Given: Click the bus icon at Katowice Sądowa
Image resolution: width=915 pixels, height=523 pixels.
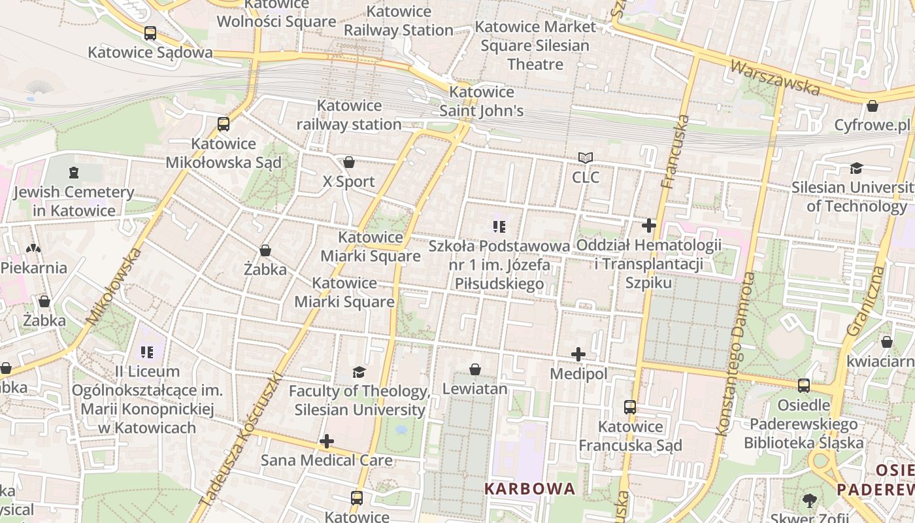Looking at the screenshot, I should [x=150, y=33].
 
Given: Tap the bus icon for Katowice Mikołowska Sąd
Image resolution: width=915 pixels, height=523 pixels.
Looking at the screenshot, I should [x=224, y=124].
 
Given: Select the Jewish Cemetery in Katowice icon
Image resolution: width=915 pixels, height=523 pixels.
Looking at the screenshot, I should [x=73, y=173].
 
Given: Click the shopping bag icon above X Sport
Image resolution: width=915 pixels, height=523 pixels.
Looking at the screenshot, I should [x=349, y=162].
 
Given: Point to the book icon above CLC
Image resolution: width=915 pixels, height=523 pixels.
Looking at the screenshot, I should [x=586, y=158].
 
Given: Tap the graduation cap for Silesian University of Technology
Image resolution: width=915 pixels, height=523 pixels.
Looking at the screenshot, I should [x=856, y=169].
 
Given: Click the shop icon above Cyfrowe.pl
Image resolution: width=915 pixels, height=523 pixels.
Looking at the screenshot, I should [x=872, y=106].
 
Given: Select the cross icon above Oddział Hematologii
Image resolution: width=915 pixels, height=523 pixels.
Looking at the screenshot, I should [x=648, y=226].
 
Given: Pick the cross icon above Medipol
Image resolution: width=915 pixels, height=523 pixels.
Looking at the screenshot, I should [x=578, y=355].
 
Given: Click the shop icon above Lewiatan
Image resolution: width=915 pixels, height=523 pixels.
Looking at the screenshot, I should [x=475, y=370].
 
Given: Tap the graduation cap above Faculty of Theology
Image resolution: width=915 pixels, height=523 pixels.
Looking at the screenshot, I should [x=359, y=373].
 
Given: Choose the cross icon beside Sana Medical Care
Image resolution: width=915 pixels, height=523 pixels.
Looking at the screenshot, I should [x=327, y=441].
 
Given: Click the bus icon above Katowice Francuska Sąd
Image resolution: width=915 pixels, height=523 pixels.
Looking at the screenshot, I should [x=629, y=407].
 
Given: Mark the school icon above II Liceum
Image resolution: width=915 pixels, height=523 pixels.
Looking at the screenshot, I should [x=147, y=352].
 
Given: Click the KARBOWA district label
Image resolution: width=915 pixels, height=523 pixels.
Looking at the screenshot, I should [x=529, y=488].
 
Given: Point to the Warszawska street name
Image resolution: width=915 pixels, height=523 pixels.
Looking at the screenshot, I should [x=774, y=77].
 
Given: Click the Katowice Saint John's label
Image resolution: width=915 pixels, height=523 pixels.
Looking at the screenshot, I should [x=482, y=101].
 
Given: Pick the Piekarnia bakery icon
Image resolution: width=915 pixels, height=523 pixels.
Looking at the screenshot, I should [x=33, y=248].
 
